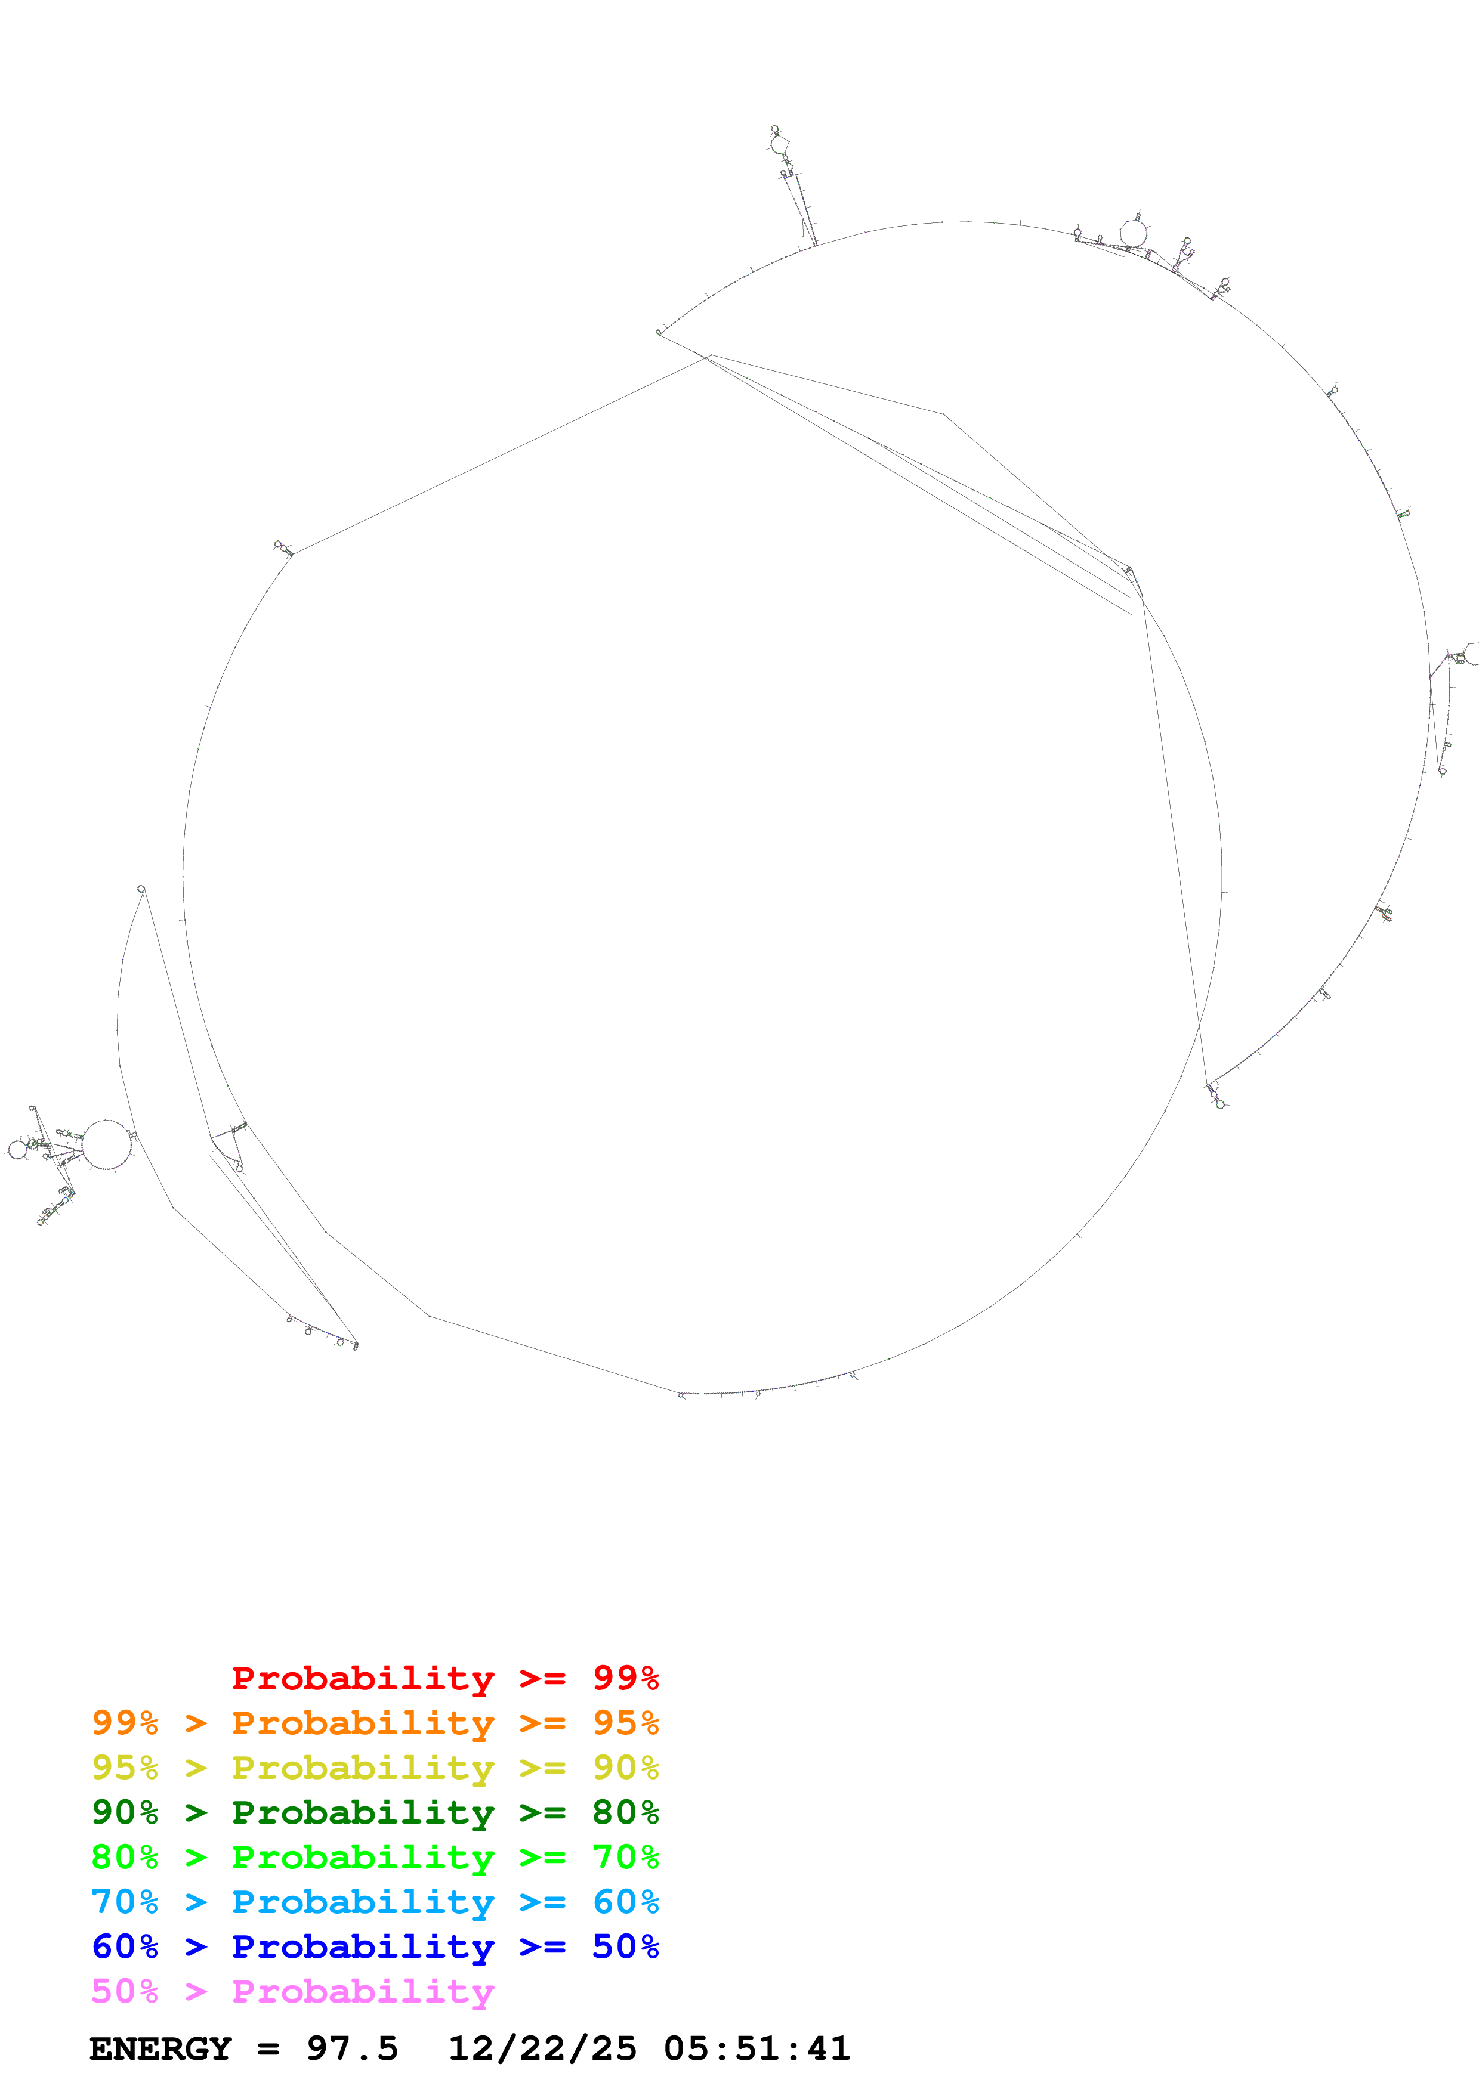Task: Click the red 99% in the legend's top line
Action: coord(625,1678)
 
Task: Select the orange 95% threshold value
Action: coord(625,1723)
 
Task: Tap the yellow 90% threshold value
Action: coord(625,1768)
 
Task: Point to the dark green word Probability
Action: coord(363,1812)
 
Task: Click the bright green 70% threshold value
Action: coord(625,1857)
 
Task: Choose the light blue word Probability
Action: coord(363,1902)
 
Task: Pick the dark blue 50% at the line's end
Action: coord(625,1946)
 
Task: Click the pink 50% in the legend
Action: coord(125,1991)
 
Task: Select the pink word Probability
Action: coord(363,1991)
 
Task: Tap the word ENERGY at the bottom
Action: coord(160,2048)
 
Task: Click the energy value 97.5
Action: coord(352,2048)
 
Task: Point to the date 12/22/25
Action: coord(542,2048)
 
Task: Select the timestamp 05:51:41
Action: coord(757,2048)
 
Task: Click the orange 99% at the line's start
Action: coord(125,1723)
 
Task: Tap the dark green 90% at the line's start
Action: coord(125,1812)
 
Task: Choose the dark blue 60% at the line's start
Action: coord(125,1946)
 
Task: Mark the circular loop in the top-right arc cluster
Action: coord(1133,233)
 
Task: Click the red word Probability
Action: coord(363,1678)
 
